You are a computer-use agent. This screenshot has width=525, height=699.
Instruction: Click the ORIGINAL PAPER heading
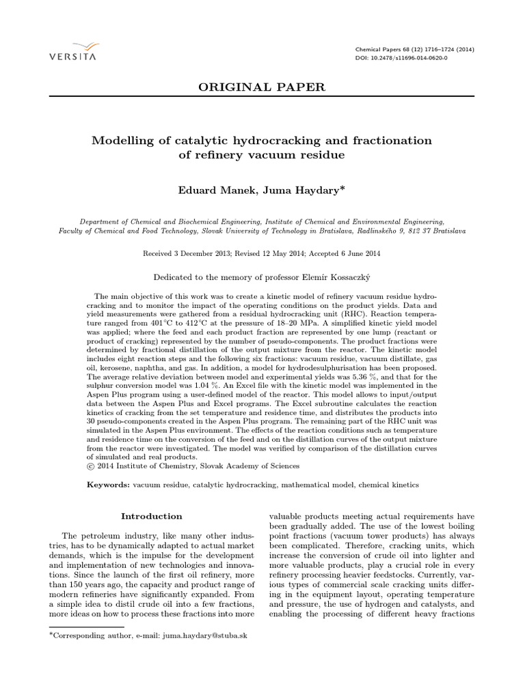coord(262,87)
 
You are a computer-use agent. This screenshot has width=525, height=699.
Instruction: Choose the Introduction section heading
coord(152,516)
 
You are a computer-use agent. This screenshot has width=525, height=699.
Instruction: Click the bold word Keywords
coord(108,483)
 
